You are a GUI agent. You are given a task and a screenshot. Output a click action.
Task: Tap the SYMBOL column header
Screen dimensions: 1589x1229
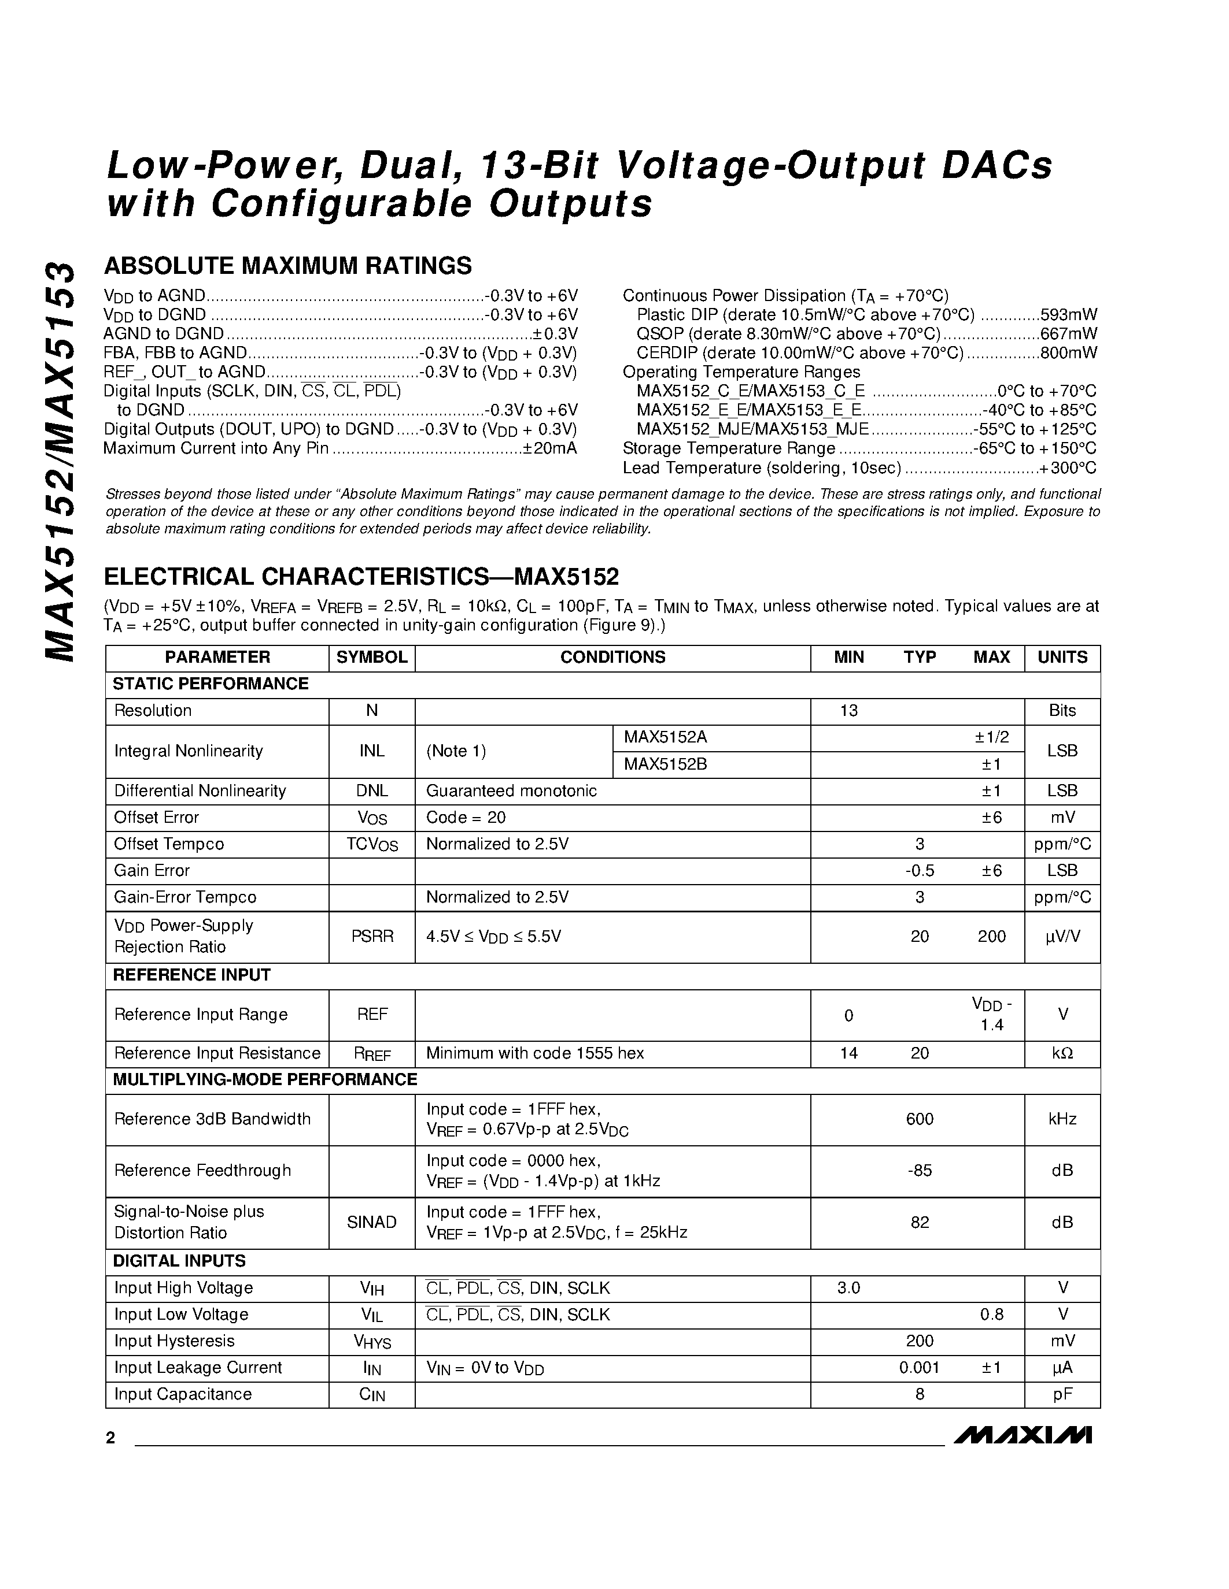(x=371, y=657)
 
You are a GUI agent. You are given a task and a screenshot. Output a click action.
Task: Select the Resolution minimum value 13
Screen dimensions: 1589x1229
(x=848, y=711)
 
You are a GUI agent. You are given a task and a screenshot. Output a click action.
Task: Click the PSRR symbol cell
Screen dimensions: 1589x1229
(x=371, y=937)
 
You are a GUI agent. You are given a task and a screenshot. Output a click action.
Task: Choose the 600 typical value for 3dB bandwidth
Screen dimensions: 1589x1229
(x=919, y=1119)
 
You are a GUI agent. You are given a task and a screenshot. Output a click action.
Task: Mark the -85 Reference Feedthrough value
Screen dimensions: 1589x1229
(x=919, y=1171)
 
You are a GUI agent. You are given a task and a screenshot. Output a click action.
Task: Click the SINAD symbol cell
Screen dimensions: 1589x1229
(x=371, y=1222)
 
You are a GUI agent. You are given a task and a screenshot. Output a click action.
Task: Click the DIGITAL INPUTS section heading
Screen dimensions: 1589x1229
(x=179, y=1261)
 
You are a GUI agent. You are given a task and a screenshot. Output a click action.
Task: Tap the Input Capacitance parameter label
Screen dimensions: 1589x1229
(x=183, y=1394)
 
